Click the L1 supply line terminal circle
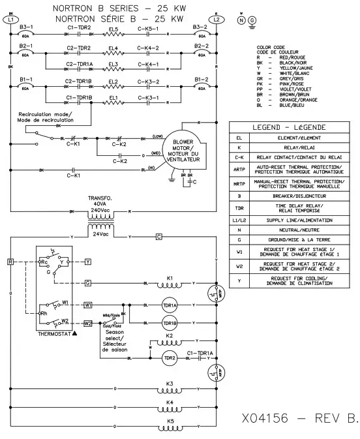click(x=12, y=20)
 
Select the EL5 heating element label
click(x=113, y=28)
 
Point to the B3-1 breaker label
click(x=26, y=27)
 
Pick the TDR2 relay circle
click(x=170, y=357)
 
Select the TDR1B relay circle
click(x=170, y=322)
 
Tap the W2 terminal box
click(x=88, y=323)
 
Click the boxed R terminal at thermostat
click(x=10, y=261)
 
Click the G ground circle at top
click(x=252, y=20)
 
